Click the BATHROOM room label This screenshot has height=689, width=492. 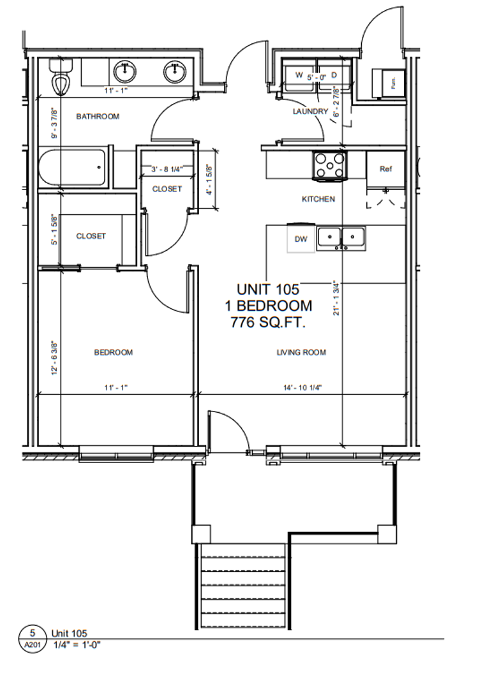click(x=98, y=116)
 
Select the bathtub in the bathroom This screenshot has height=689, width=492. click(x=71, y=167)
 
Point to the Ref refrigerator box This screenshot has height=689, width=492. click(x=385, y=169)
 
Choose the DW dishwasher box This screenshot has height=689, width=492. click(x=301, y=239)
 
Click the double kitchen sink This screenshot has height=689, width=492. click(x=341, y=237)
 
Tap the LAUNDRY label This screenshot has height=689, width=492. click(x=310, y=112)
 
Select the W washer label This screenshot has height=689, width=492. click(x=298, y=75)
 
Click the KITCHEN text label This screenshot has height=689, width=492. click(x=318, y=199)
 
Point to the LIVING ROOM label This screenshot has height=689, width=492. click(x=301, y=352)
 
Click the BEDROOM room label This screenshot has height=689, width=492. click(x=114, y=352)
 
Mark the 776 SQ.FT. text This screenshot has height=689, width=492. click(x=268, y=322)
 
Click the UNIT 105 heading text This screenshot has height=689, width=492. click(x=268, y=289)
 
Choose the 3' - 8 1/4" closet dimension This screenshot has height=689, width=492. click(x=167, y=169)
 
